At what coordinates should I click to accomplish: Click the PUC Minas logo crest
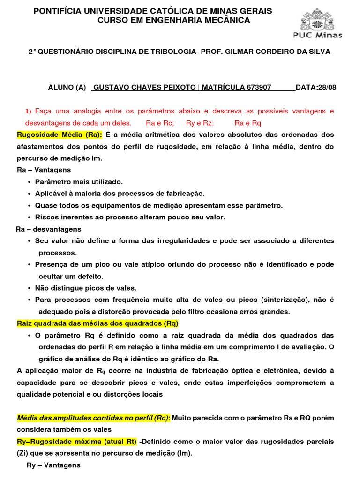click(321, 19)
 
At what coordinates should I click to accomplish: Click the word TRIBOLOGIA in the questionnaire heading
click(175, 52)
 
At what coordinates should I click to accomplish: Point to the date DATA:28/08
click(313, 87)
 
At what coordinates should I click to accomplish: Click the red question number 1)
click(28, 111)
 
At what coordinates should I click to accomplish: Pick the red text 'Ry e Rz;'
click(200, 123)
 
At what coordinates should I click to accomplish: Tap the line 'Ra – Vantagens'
click(44, 170)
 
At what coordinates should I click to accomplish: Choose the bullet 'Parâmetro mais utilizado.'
click(79, 182)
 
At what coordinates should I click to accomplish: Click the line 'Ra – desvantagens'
click(48, 229)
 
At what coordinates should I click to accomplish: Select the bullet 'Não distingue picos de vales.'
click(86, 288)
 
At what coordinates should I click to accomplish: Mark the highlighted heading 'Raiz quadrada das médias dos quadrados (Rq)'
click(97, 324)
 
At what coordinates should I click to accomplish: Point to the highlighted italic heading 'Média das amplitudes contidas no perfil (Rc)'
click(93, 418)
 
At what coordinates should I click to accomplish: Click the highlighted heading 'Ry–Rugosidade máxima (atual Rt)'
click(76, 442)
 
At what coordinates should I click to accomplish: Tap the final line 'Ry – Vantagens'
click(53, 465)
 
